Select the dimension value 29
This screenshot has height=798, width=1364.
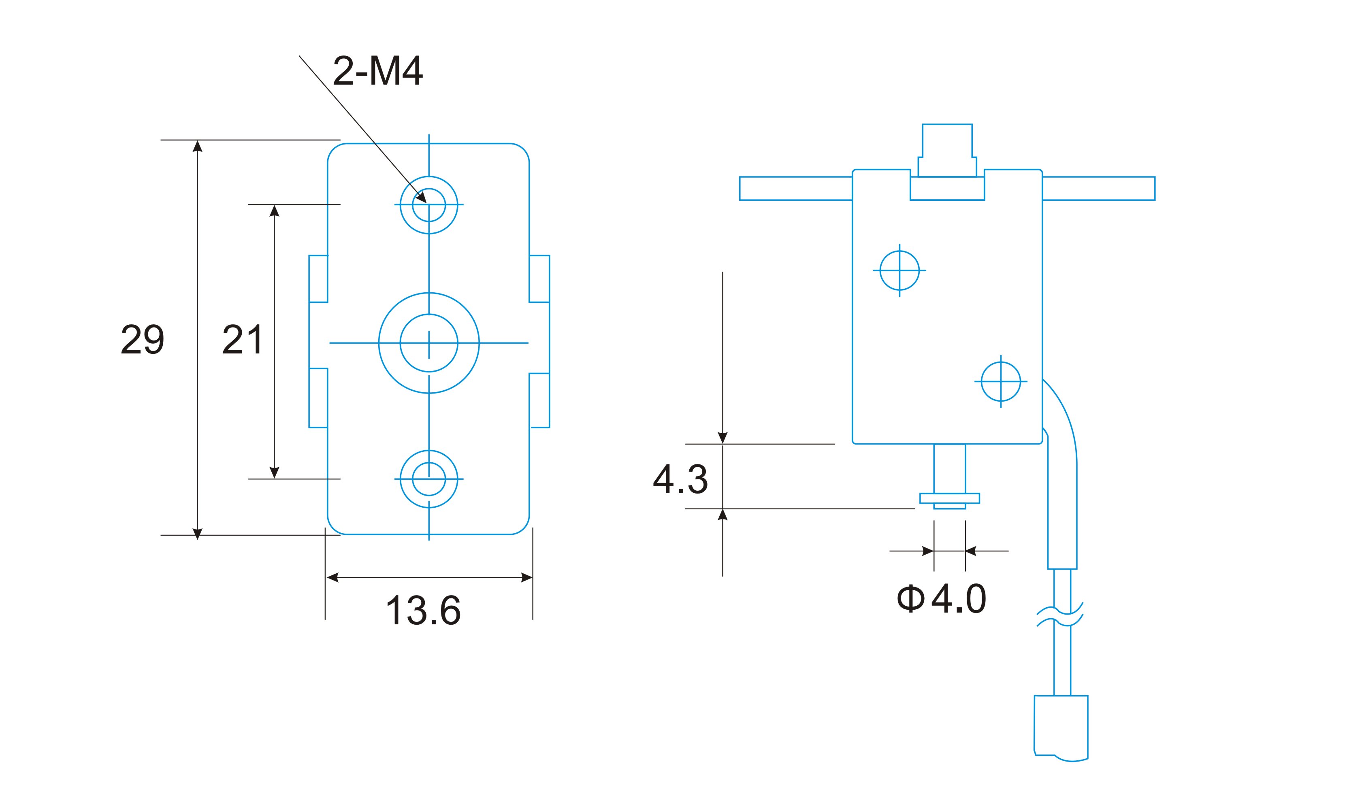[x=143, y=339]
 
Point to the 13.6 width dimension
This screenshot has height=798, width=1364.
[x=423, y=610]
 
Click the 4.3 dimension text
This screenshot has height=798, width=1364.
[x=680, y=479]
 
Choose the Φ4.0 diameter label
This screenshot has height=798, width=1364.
[x=941, y=598]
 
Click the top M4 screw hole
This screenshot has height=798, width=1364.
[x=429, y=205]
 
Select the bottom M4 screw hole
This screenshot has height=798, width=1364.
[x=429, y=479]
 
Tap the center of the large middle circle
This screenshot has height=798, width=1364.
[x=429, y=343]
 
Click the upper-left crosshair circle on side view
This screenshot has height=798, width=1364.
[x=899, y=270]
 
